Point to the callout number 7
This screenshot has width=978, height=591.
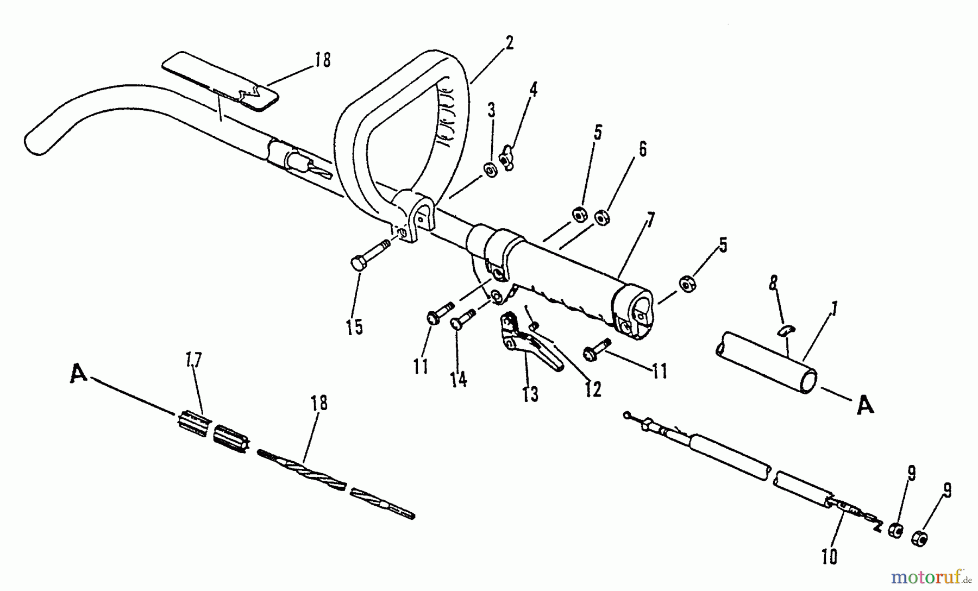(x=650, y=221)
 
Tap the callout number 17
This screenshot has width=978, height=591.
(x=194, y=360)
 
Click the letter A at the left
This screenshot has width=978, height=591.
(x=79, y=374)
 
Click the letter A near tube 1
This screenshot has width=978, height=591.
(x=865, y=406)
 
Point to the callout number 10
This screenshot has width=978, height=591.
(x=830, y=557)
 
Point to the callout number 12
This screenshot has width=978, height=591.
(x=593, y=389)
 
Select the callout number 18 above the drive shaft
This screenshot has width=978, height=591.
(x=319, y=403)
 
